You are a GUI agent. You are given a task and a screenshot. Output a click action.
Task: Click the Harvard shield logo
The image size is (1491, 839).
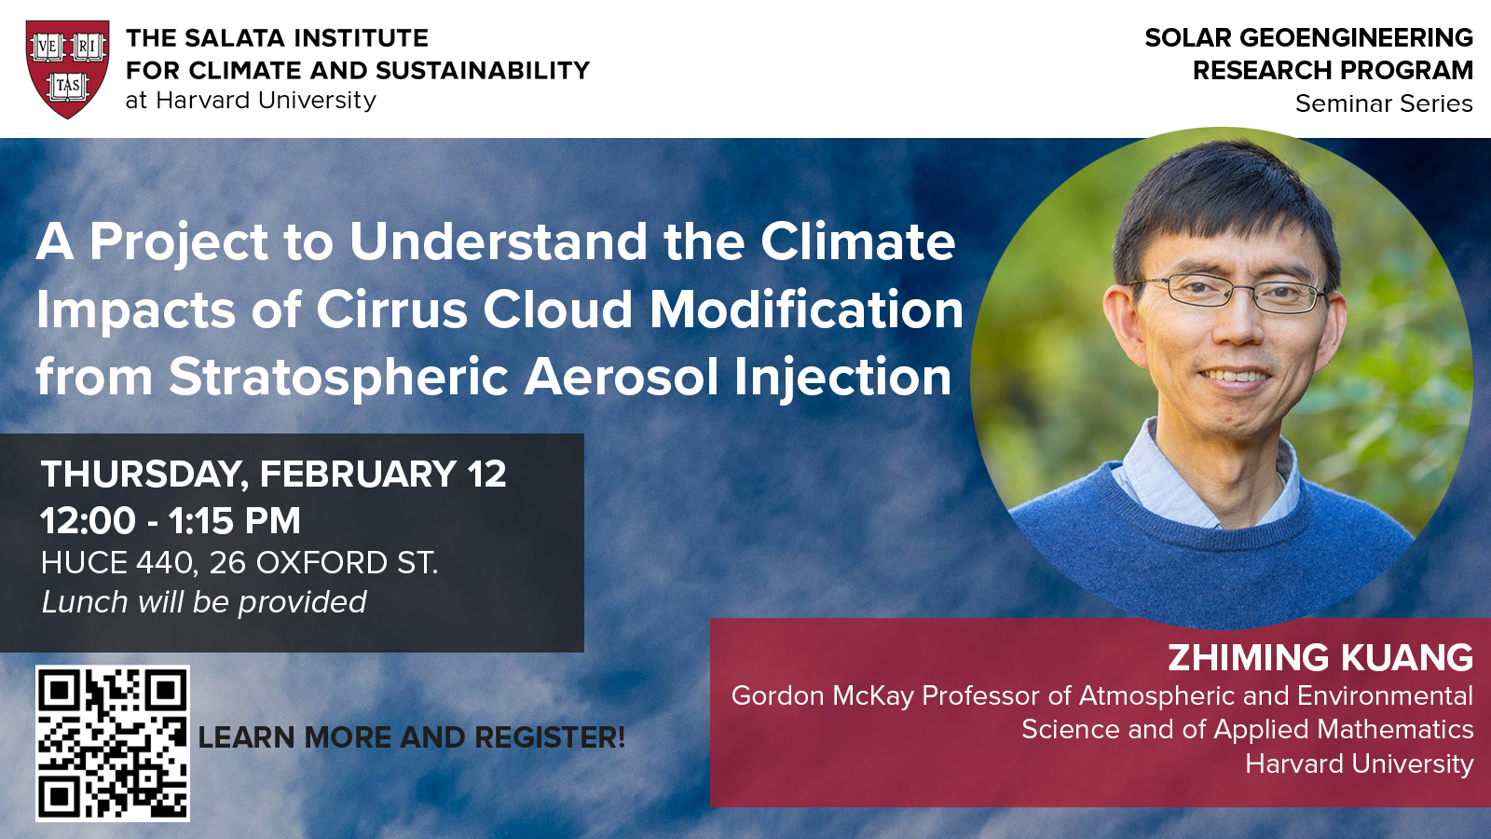(68, 69)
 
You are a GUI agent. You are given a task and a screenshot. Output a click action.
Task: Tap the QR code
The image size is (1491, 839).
(113, 743)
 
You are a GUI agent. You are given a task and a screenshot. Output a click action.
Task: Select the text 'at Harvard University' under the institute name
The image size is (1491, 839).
(251, 101)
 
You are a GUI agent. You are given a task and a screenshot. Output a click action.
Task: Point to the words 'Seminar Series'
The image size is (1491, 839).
(1384, 103)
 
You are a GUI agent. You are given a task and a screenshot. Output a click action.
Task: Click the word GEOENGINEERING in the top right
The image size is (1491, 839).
(1356, 38)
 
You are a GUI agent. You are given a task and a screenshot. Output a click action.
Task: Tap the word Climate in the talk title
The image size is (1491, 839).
(858, 241)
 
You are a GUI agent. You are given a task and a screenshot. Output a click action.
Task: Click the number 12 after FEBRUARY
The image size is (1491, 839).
(486, 475)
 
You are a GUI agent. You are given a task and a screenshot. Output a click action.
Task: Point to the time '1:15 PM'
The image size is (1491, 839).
(234, 521)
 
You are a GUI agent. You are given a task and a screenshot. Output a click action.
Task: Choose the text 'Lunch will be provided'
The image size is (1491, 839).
(204, 602)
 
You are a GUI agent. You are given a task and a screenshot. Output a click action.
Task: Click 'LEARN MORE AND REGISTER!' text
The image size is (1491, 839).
(411, 737)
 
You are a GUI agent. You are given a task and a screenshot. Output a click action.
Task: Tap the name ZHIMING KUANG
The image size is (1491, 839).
(1320, 657)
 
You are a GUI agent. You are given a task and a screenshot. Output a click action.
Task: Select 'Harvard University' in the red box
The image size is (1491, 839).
(1360, 763)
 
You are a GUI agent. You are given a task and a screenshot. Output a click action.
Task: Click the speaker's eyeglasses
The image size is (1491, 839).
(1235, 293)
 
